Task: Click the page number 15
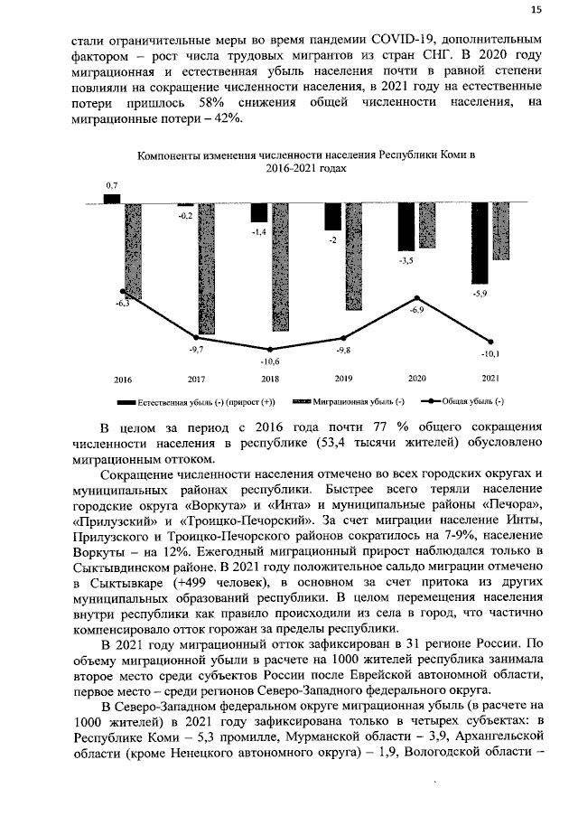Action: (536, 10)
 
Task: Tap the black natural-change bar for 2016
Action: (112, 198)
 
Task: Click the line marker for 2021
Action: (490, 342)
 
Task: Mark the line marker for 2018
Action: (269, 349)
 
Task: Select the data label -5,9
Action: (480, 294)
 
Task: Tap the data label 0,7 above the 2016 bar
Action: (112, 184)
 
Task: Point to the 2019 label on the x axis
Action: (343, 378)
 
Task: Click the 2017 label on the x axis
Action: (195, 378)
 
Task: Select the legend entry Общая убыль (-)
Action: (472, 400)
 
